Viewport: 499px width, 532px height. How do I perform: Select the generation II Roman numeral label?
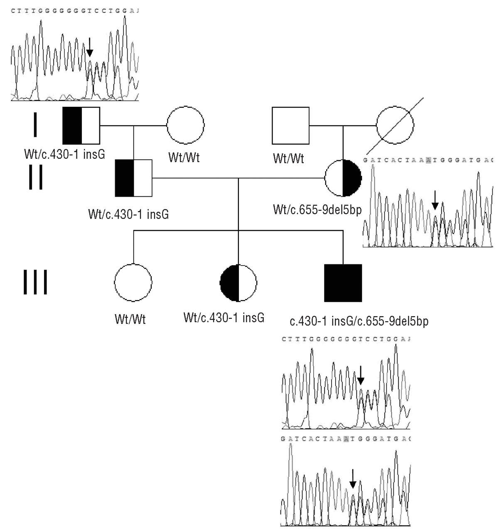click(x=35, y=178)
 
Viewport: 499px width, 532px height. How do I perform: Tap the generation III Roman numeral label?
click(x=35, y=283)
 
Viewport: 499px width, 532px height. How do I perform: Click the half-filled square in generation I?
click(x=81, y=126)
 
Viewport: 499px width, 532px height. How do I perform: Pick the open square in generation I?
click(x=290, y=126)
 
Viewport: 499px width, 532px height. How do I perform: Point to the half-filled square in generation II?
click(x=133, y=178)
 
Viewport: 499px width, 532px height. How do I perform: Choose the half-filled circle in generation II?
click(x=343, y=178)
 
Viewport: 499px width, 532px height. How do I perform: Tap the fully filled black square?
click(x=343, y=283)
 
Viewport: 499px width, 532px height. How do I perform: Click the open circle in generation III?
click(x=133, y=283)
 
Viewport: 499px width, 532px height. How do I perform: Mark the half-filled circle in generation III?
click(x=238, y=283)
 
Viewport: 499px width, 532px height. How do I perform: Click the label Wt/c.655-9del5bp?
click(x=317, y=209)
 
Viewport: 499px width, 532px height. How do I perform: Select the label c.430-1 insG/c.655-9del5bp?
click(x=359, y=321)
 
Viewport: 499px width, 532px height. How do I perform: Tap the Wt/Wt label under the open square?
click(x=288, y=158)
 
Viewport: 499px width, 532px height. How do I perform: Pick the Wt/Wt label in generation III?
click(x=130, y=320)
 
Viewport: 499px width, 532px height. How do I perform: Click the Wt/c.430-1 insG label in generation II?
click(x=128, y=214)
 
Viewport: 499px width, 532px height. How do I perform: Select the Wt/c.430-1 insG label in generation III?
click(x=224, y=318)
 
